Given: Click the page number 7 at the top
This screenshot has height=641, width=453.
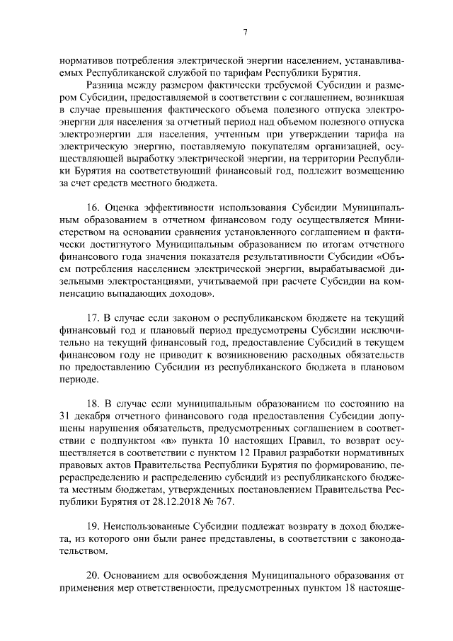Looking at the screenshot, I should tap(244, 32).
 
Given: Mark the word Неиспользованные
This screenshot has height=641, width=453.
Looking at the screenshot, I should tap(153, 529).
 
